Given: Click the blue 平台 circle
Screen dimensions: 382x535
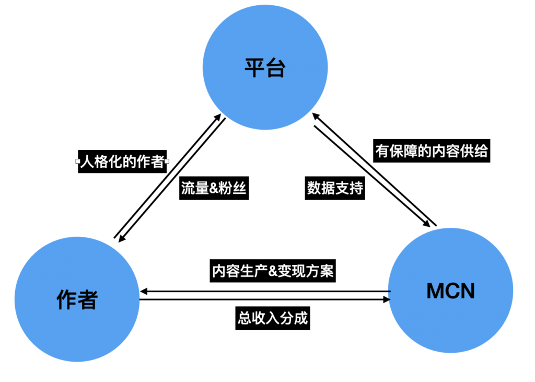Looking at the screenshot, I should [x=265, y=68].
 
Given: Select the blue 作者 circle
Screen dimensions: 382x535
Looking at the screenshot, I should [x=77, y=299].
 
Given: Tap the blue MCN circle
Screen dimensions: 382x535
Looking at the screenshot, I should [x=450, y=291].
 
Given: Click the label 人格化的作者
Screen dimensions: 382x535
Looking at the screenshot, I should [x=122, y=162].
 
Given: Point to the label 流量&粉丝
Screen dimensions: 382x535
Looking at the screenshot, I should [x=213, y=189].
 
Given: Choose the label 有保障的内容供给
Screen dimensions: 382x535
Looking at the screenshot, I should [x=432, y=151].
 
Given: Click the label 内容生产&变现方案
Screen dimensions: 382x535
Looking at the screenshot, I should [x=272, y=272].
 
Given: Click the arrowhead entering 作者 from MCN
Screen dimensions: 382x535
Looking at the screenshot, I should [x=143, y=291].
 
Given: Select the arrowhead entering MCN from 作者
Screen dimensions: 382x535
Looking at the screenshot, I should [x=387, y=300].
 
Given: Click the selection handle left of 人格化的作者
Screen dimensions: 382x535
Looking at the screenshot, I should [x=77, y=162].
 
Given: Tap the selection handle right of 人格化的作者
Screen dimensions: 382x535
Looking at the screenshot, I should [x=167, y=162].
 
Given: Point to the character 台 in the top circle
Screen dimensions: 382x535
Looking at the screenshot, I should [x=275, y=68].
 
